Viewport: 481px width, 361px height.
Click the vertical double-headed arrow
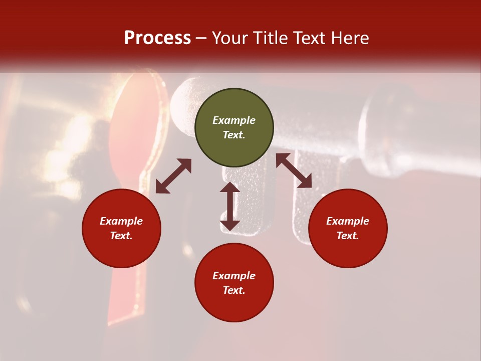click(230, 207)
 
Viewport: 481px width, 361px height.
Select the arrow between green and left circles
click(173, 176)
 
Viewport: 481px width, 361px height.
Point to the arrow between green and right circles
click(294, 170)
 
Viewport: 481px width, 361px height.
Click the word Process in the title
click(157, 38)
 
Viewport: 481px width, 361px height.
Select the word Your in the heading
click(229, 38)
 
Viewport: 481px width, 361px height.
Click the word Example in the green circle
click(234, 120)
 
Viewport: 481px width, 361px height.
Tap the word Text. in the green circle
click(234, 135)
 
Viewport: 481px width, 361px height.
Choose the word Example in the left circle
click(121, 221)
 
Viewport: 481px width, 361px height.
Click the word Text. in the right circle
click(348, 236)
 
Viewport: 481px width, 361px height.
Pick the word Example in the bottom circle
click(234, 276)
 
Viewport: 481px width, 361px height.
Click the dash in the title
click(201, 38)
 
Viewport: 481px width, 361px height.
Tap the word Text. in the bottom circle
click(234, 290)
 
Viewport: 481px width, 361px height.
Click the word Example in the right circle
click(348, 221)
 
